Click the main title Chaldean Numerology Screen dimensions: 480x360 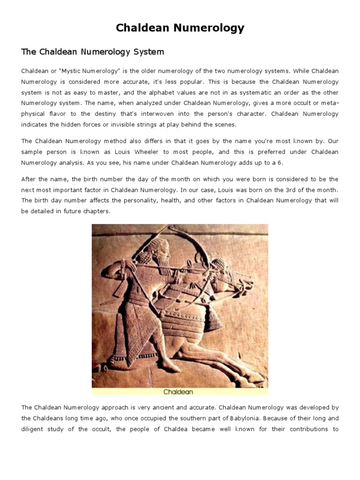180,28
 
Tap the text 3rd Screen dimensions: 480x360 278,190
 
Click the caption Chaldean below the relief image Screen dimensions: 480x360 178,391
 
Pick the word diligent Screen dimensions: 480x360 33,429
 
